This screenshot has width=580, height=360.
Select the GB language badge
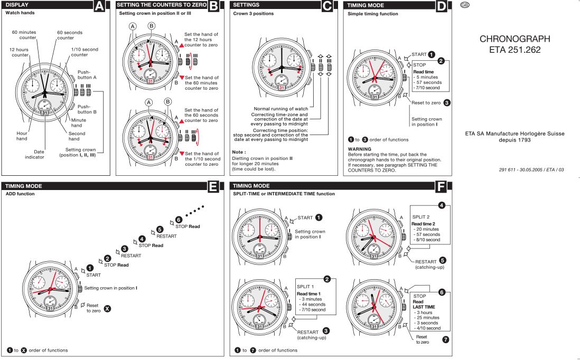click(464, 5)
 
